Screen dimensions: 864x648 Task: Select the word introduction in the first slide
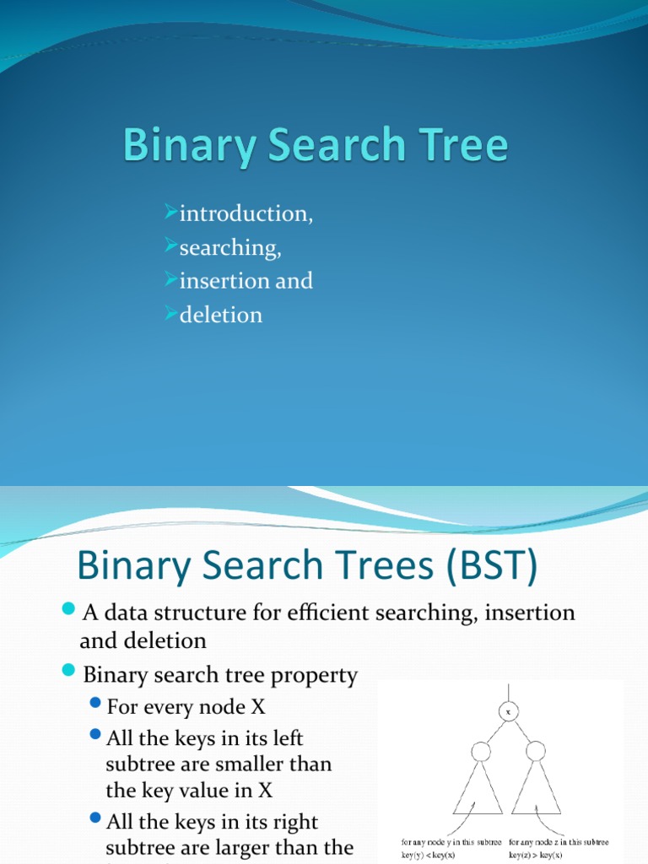pyautogui.click(x=245, y=214)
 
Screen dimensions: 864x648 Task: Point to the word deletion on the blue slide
pyautogui.click(x=220, y=316)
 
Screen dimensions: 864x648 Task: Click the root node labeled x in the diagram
pyautogui.click(x=508, y=711)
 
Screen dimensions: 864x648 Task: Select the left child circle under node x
pyautogui.click(x=480, y=751)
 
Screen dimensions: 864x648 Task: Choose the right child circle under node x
pyautogui.click(x=535, y=751)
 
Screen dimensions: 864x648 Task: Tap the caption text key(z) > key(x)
pyautogui.click(x=543, y=854)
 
